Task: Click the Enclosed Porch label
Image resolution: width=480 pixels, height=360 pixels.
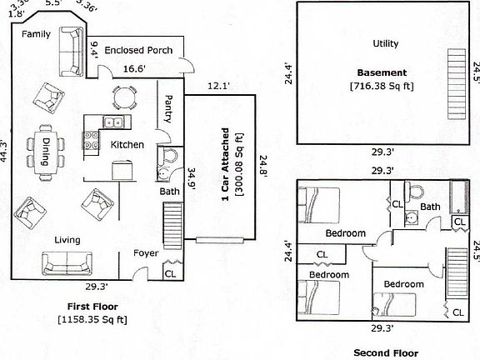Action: coord(138,50)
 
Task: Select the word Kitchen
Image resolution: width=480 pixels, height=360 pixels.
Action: coord(127,145)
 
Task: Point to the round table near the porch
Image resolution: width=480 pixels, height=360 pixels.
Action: coord(123,98)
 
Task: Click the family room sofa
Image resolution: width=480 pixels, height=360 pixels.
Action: coord(69,52)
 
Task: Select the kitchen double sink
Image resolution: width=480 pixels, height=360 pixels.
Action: coord(113,122)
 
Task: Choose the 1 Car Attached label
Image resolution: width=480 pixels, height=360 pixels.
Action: coord(225,172)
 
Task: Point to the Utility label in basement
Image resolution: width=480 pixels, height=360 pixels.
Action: coord(385,43)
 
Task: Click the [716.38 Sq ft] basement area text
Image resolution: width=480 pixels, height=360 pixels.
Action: coord(382,84)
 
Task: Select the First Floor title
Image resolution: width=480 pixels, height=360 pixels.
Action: coord(91,307)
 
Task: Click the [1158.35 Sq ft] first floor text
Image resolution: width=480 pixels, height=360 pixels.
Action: coord(92,318)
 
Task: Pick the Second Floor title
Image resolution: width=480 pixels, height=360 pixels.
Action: coord(383,352)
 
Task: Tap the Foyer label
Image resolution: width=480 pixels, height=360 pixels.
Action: coord(146,252)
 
